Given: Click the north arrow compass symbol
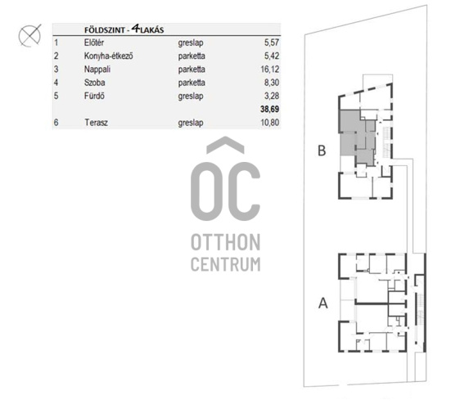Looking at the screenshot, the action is click(29, 36).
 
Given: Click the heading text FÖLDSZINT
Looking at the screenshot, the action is click(105, 30).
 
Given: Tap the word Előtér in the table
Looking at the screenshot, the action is click(94, 43).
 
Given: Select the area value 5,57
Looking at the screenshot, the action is click(272, 43).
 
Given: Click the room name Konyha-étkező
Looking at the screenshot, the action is click(108, 56).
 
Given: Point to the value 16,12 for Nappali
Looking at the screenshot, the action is click(270, 70).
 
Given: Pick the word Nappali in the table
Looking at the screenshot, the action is click(97, 70).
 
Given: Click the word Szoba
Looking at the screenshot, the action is click(95, 83).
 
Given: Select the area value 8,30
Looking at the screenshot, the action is click(272, 83).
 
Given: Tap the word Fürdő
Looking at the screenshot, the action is click(94, 96).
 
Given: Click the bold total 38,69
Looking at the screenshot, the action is click(270, 110).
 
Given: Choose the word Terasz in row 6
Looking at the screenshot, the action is click(96, 123).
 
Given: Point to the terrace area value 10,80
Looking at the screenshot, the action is click(270, 123).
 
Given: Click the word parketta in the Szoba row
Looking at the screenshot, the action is click(192, 83).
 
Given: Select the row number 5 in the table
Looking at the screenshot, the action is click(56, 96).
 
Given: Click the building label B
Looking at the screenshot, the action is click(322, 151).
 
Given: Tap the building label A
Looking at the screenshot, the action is click(323, 303).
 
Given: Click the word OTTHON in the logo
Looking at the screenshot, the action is click(226, 242).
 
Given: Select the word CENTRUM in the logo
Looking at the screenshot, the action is click(226, 264).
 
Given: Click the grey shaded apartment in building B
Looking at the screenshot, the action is click(358, 137).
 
